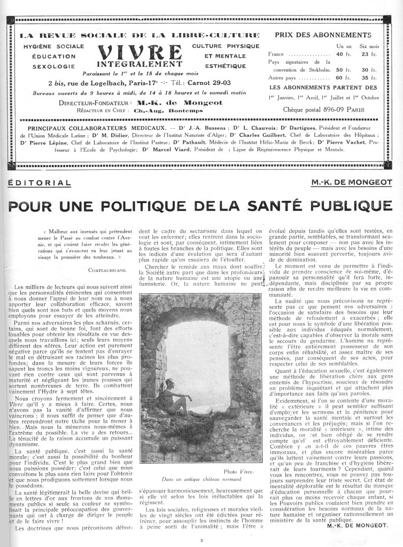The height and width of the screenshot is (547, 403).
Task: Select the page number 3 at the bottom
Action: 202,541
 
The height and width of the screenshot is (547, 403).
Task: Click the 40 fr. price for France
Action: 342,54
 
